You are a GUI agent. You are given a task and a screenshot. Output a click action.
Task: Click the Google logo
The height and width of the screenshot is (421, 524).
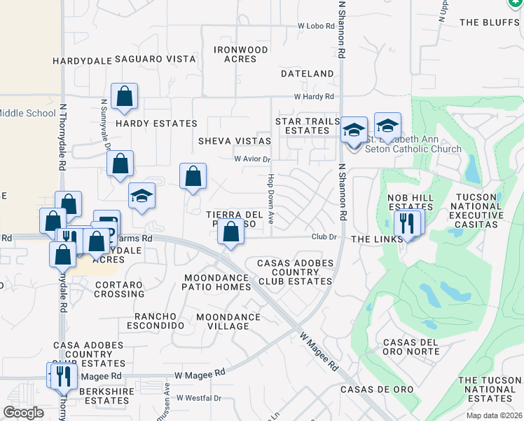coord(24,413)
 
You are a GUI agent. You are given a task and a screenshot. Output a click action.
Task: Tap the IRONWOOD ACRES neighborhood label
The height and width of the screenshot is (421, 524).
coord(241,55)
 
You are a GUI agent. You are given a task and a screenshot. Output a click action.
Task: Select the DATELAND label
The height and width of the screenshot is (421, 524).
coord(308,74)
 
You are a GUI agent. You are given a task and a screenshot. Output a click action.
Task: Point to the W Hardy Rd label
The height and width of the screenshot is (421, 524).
coord(314,97)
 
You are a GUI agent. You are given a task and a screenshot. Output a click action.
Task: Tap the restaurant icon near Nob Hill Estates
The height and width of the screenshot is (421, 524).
coord(406,225)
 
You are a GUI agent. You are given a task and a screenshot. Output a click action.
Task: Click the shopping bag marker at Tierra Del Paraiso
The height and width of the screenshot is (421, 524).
coord(230,232)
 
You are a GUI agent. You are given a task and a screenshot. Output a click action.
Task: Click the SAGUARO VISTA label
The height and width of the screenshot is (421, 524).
coord(156,60)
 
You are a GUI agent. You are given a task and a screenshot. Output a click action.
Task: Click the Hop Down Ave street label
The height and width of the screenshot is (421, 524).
coord(270,200)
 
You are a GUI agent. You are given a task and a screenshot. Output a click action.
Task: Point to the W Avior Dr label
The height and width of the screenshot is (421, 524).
coord(252,159)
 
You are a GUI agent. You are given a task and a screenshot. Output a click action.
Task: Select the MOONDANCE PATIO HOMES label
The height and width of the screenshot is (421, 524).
coord(216,282)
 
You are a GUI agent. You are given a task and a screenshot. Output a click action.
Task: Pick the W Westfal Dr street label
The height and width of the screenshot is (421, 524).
coord(198,398)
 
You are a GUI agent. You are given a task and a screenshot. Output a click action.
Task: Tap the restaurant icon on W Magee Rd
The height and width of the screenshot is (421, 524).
coord(63,376)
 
